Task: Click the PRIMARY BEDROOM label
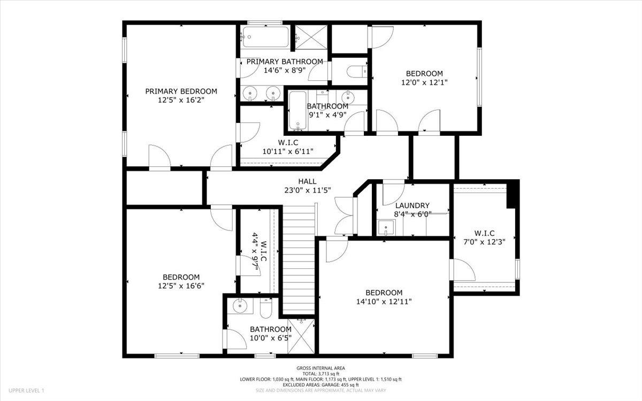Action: tap(181, 91)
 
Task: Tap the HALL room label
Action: tap(307, 182)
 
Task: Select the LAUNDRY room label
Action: tap(412, 205)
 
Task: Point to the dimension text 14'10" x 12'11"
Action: tap(384, 302)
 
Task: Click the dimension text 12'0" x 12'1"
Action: tap(424, 82)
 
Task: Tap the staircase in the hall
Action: tap(299, 259)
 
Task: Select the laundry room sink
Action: tap(386, 228)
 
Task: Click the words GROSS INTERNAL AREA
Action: tap(321, 368)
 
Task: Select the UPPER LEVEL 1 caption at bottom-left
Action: tap(26, 391)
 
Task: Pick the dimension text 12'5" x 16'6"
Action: tap(181, 286)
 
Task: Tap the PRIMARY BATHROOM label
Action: tap(285, 61)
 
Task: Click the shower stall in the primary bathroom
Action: tap(309, 37)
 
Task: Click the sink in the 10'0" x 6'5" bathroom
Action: tap(240, 306)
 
